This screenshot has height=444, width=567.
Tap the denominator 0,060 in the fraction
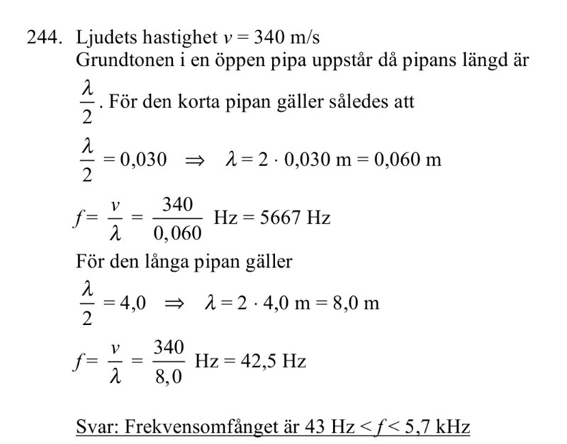point(177,234)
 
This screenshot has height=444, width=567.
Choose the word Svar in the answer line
point(96,427)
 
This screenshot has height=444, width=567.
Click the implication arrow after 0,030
point(194,160)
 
